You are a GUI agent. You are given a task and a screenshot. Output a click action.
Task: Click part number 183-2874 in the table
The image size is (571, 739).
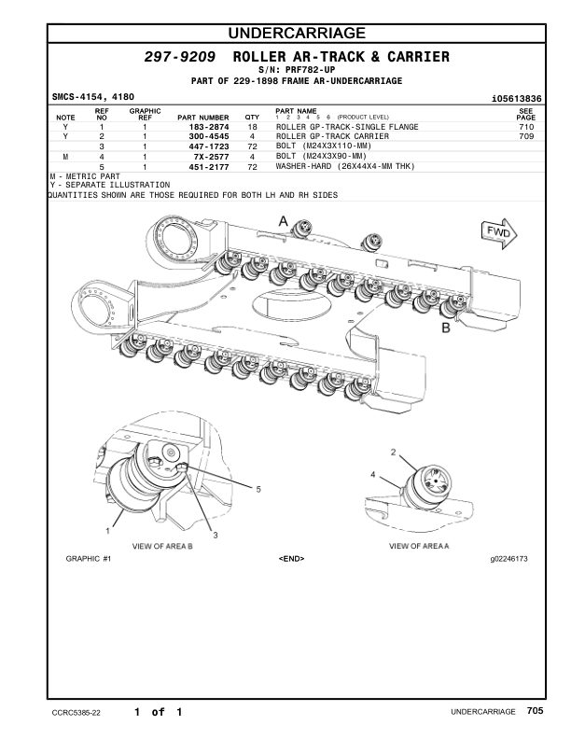(208, 127)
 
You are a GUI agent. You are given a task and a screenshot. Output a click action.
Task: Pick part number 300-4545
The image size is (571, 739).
(208, 137)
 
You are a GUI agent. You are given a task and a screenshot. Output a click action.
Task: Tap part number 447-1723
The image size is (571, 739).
(208, 147)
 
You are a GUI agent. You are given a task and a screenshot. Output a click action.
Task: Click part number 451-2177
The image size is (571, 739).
(208, 167)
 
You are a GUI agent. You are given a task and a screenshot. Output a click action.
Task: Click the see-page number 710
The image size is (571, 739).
(525, 127)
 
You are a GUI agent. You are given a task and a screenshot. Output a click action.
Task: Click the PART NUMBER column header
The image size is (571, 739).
(202, 118)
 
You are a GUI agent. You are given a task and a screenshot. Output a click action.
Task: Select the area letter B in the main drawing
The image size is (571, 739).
(446, 328)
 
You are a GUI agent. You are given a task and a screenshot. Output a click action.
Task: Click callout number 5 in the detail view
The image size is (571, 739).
(258, 489)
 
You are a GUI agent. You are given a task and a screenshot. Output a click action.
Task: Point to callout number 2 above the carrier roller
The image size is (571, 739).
(393, 452)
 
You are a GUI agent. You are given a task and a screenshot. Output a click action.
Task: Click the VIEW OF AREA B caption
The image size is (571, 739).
(162, 545)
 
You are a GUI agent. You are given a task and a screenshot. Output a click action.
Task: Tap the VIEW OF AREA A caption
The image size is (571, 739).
(419, 545)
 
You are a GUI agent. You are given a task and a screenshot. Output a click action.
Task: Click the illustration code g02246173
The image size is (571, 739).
(509, 559)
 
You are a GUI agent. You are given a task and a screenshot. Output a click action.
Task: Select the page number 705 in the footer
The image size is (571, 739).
(534, 711)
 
